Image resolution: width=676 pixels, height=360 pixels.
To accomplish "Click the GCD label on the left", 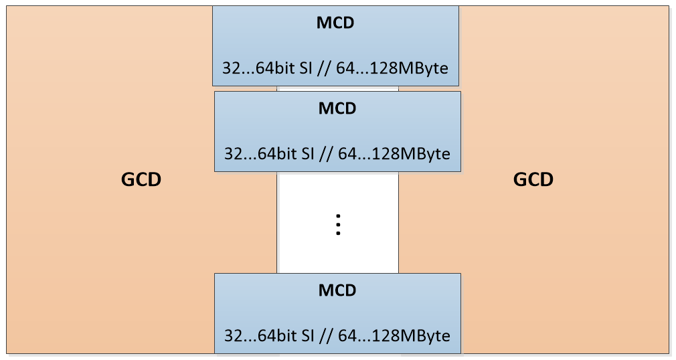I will click(x=141, y=180).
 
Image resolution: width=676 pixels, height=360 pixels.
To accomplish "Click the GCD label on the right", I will click(x=533, y=180).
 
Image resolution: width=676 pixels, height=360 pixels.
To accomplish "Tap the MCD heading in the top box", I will click(x=335, y=23).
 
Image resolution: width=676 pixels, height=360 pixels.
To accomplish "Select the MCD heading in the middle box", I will click(x=337, y=108).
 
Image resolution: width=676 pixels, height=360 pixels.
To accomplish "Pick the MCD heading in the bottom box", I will click(x=337, y=290).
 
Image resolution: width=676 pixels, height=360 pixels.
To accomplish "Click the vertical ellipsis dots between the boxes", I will click(x=338, y=225).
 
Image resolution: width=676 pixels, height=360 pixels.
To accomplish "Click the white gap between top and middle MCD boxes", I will click(x=338, y=88).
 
